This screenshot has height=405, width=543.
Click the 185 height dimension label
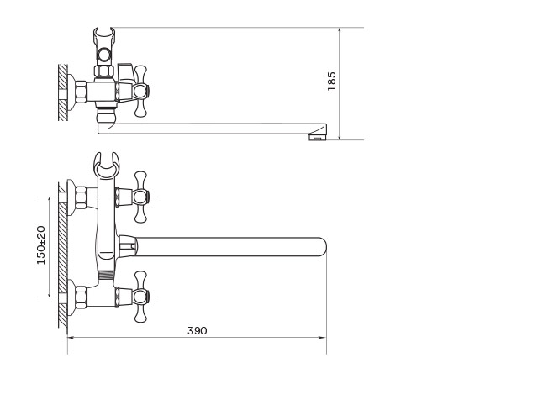tap(332, 82)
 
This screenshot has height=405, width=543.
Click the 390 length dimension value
tap(198, 330)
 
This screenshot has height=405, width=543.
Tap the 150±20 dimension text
tap(41, 245)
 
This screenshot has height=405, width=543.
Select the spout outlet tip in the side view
tap(317, 138)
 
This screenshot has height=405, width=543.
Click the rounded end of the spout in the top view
tap(321, 247)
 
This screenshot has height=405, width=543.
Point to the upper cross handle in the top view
tap(140, 197)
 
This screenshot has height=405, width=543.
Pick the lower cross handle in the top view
tap(140, 297)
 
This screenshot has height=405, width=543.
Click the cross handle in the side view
tap(140, 91)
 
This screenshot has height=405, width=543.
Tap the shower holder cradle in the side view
tap(104, 34)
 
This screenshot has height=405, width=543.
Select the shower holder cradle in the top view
tap(107, 166)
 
